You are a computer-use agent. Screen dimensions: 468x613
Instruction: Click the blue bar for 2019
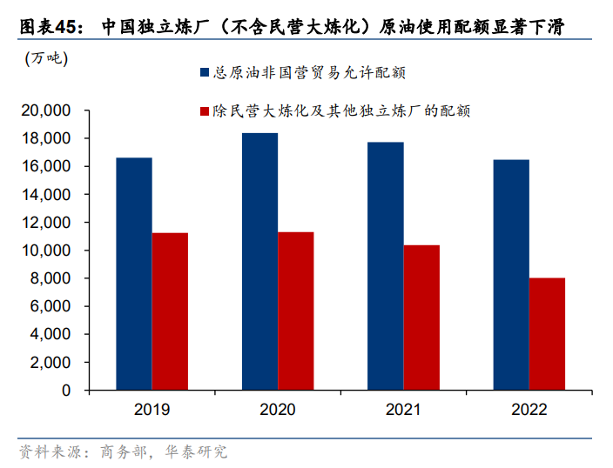click(x=133, y=274)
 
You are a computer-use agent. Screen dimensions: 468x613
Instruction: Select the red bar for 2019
click(x=170, y=311)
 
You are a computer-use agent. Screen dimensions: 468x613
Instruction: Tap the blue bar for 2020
click(x=259, y=262)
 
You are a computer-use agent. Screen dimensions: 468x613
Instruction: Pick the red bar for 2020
click(x=296, y=311)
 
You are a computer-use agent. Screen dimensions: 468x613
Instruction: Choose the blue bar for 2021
click(x=385, y=266)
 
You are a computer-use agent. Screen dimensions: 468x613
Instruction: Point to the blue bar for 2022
click(x=511, y=275)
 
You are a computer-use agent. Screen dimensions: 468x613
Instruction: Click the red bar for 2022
click(x=548, y=334)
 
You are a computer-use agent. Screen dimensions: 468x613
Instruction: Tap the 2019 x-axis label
click(x=152, y=410)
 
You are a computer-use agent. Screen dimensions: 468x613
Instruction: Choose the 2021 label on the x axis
click(x=403, y=410)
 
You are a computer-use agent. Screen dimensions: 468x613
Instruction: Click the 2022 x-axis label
click(x=529, y=410)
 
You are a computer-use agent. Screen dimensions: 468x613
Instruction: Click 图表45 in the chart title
click(x=40, y=27)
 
